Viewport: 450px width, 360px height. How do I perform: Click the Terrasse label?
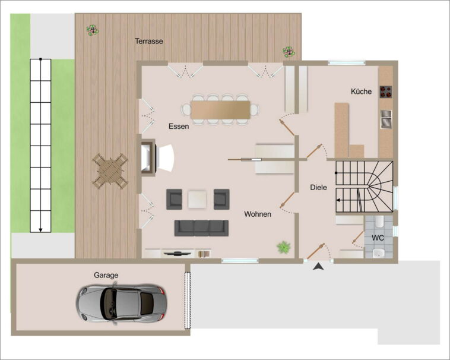point(149,42)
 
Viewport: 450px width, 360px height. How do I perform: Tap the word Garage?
point(106,275)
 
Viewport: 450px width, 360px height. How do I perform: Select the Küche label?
point(361,91)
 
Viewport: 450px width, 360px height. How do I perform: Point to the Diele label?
point(318,188)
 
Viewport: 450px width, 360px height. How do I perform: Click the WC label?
point(378,238)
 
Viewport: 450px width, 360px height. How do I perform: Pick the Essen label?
point(179,127)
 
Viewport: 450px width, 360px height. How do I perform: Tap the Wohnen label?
point(258,214)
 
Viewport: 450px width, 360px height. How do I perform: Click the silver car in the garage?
point(121,303)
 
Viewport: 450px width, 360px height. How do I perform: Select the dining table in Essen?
point(220,110)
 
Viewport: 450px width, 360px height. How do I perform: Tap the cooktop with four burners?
point(386,92)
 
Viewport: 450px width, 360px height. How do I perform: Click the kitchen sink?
point(386,119)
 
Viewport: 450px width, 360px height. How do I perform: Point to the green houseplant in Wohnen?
point(284,247)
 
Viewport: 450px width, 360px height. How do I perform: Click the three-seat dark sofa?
point(201,228)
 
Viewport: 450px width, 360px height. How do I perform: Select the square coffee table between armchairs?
point(198,199)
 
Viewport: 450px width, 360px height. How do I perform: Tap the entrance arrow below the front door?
point(319,267)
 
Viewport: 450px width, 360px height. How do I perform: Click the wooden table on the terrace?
point(110,171)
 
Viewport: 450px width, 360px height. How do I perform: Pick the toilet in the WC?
point(379,222)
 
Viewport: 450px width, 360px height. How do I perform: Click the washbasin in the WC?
point(379,253)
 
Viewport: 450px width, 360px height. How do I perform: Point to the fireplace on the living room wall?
point(148,157)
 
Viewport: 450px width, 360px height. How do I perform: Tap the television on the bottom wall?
point(178,254)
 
